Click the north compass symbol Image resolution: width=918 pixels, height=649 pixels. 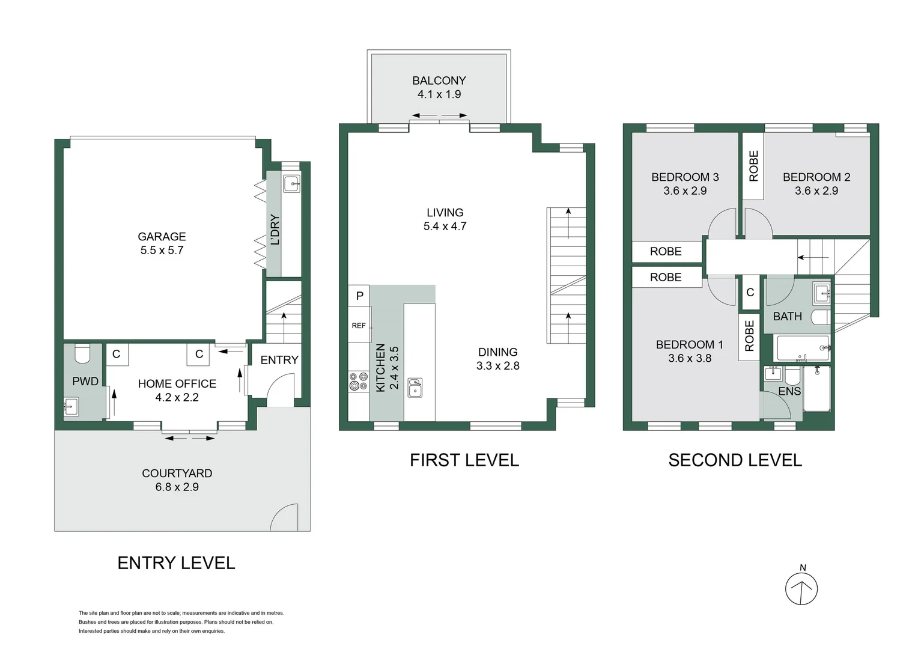[x=801, y=588]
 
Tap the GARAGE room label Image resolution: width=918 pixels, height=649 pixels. [x=162, y=237]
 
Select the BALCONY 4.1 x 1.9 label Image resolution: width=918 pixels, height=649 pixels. [x=439, y=87]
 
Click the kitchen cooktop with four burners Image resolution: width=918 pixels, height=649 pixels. [x=359, y=382]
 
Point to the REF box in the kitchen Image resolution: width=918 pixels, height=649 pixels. [x=359, y=326]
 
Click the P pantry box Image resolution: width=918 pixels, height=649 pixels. [x=359, y=296]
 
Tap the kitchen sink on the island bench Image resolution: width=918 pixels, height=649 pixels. [x=415, y=388]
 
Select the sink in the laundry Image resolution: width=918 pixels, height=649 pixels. [x=291, y=183]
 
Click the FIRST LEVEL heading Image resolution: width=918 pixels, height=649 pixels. [x=464, y=460]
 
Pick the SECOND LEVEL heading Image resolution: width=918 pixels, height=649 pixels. [x=735, y=460]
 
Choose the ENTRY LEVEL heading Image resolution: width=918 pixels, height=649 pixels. [x=176, y=563]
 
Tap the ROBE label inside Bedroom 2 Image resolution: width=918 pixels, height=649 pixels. [x=753, y=166]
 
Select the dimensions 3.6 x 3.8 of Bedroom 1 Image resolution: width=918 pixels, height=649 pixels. [x=689, y=358]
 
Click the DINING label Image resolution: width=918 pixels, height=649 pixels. [x=497, y=352]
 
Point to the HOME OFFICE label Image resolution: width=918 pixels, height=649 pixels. [x=177, y=383]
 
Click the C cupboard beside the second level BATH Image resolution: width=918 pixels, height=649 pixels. [x=750, y=293]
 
